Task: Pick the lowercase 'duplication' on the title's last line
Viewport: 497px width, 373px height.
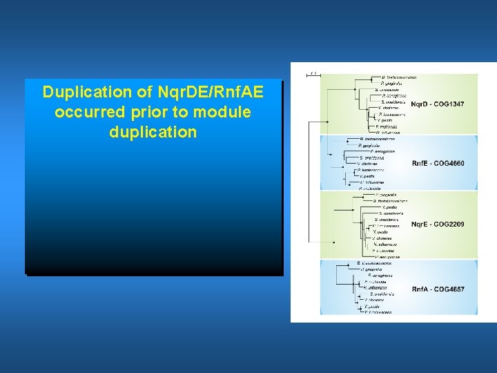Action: pos(153,132)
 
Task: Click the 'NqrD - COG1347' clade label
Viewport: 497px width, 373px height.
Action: pos(438,104)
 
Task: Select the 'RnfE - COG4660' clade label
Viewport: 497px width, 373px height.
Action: pos(438,163)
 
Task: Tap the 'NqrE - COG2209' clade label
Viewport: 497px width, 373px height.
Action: pos(438,224)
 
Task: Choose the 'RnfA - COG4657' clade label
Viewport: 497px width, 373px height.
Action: pos(438,289)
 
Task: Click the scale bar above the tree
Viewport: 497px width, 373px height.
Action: pos(312,73)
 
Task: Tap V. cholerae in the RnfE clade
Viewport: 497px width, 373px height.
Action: pos(366,164)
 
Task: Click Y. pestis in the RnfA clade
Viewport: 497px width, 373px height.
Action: pos(372,306)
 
